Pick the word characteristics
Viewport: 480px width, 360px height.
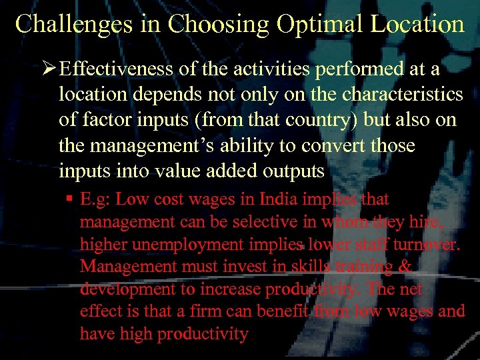pyautogui.click(x=403, y=95)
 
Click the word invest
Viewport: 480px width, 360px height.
pyautogui.click(x=217, y=267)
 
